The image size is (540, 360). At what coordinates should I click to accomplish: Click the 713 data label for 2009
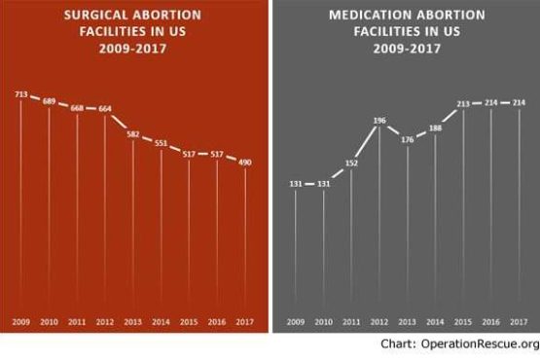tap(21, 94)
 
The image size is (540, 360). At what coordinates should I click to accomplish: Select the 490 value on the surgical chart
tap(245, 162)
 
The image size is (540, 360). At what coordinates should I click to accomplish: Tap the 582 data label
tap(133, 134)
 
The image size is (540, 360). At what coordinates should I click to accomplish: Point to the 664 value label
tap(105, 109)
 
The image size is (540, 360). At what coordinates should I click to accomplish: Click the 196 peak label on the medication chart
tap(379, 121)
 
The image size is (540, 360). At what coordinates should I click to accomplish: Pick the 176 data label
tap(408, 140)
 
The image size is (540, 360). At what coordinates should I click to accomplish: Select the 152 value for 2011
tap(351, 163)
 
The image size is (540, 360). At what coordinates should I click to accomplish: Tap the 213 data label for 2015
tap(463, 104)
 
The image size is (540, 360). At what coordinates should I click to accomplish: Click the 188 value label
tap(435, 128)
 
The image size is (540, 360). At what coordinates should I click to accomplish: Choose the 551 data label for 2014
tap(161, 143)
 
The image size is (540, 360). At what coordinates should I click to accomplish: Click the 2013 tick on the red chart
tap(133, 322)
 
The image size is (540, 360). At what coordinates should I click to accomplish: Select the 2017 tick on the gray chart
tap(519, 322)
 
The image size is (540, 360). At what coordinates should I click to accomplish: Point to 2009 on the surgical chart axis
tap(21, 322)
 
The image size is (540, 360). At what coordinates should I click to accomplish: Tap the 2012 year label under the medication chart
tap(379, 322)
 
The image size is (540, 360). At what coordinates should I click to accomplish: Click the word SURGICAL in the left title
tap(95, 15)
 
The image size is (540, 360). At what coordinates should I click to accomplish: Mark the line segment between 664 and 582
tap(120, 122)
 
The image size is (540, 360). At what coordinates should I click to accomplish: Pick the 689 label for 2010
tap(49, 101)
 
